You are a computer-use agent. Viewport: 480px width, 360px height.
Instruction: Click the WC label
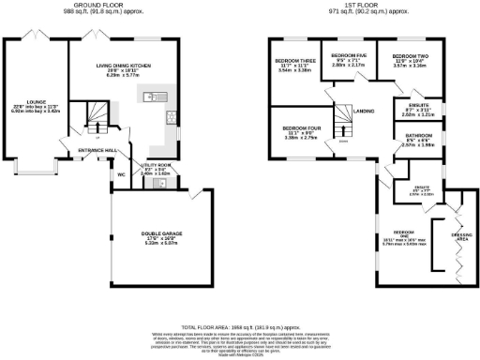(122, 174)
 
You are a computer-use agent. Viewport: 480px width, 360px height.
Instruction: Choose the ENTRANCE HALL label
(97, 151)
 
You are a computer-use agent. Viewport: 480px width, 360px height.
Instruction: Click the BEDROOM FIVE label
(348, 55)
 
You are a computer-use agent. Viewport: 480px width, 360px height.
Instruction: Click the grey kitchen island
(153, 97)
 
